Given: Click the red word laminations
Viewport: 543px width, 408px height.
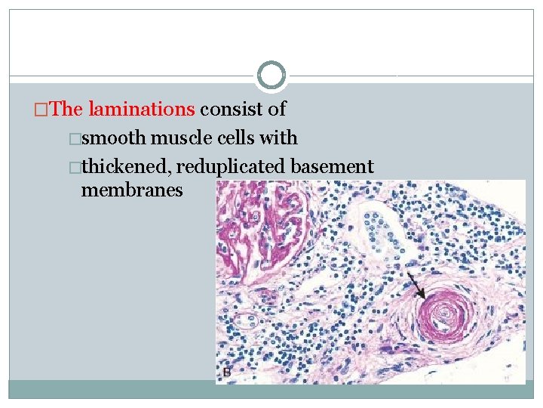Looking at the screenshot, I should click(141, 109).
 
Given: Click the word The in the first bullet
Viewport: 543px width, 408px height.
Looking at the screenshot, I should click(68, 109).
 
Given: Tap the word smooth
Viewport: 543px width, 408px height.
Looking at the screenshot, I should click(114, 138).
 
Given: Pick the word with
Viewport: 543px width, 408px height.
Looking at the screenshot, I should click(280, 138).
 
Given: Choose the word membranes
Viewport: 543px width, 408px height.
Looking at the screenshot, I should click(132, 190).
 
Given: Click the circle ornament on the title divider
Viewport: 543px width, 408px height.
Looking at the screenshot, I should click(271, 76).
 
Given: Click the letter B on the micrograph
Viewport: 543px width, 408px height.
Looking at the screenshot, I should click(226, 373).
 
